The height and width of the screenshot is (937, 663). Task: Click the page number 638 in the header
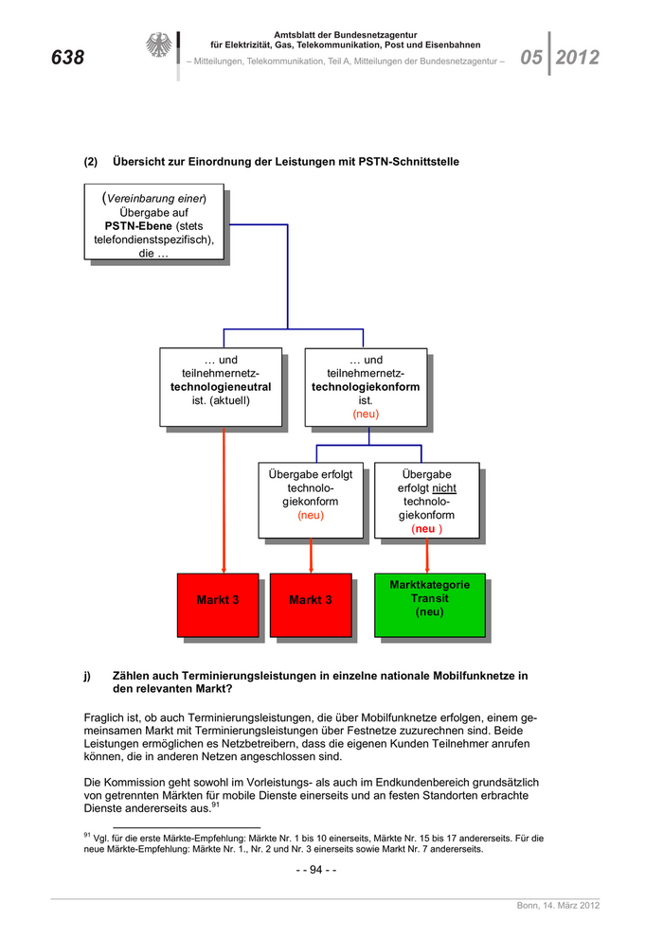pyautogui.click(x=67, y=58)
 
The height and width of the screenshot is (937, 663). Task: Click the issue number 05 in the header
pyautogui.click(x=531, y=58)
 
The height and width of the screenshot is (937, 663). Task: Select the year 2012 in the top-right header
pyautogui.click(x=578, y=58)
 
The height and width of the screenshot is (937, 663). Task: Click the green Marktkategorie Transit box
pyautogui.click(x=430, y=604)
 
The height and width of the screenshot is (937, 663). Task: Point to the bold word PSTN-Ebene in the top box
pyautogui.click(x=138, y=226)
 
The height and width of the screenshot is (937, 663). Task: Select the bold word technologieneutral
pyautogui.click(x=221, y=387)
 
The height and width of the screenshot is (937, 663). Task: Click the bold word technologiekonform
pyautogui.click(x=366, y=387)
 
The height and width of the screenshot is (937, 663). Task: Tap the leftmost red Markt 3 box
pyautogui.click(x=218, y=604)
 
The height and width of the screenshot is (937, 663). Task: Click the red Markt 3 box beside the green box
pyautogui.click(x=311, y=604)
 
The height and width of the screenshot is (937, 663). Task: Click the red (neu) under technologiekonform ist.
pyautogui.click(x=366, y=415)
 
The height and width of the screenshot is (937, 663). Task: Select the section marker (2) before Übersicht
pyautogui.click(x=91, y=162)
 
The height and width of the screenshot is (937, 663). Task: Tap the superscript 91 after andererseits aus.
pyautogui.click(x=216, y=805)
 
